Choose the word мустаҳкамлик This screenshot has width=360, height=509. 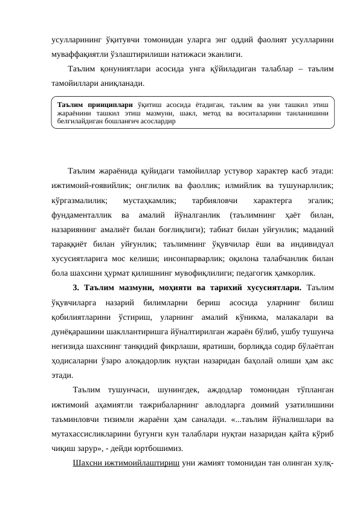(x=149, y=199)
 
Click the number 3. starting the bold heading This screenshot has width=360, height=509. (x=76, y=287)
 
